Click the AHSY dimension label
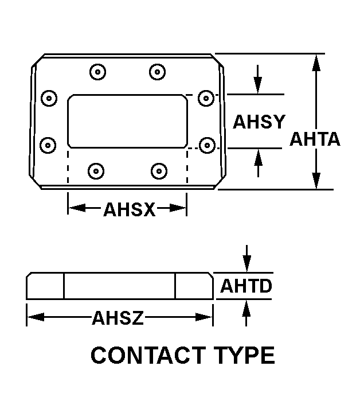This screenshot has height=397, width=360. [x=259, y=122]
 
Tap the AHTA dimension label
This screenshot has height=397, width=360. [x=315, y=139]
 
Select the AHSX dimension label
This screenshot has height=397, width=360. [x=129, y=209]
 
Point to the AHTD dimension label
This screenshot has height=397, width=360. [x=246, y=286]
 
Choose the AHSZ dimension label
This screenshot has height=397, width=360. [x=118, y=317]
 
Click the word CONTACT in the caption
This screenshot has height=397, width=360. [x=147, y=356]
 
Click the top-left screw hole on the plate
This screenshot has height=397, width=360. [x=98, y=73]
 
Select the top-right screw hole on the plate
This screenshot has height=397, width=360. [x=157, y=72]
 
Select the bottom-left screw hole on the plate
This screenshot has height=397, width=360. [x=96, y=170]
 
